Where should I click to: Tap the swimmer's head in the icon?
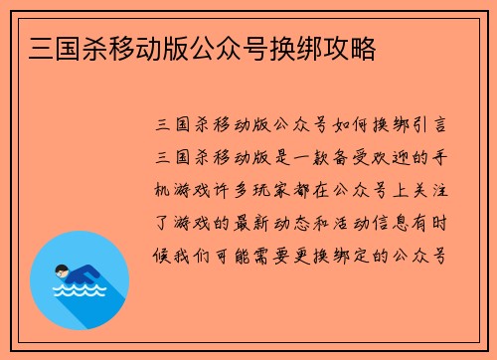tap(61, 270)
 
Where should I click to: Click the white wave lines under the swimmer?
tap(79, 292)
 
